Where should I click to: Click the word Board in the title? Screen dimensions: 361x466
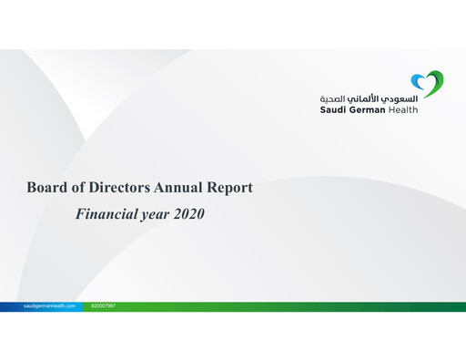coord(46,189)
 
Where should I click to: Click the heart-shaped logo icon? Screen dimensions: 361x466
coord(427,85)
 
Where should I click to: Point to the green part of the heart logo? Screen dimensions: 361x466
coord(436,84)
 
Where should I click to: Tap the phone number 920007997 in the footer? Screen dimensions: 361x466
coord(104,306)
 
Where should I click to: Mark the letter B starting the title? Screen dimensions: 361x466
coord(32,189)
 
